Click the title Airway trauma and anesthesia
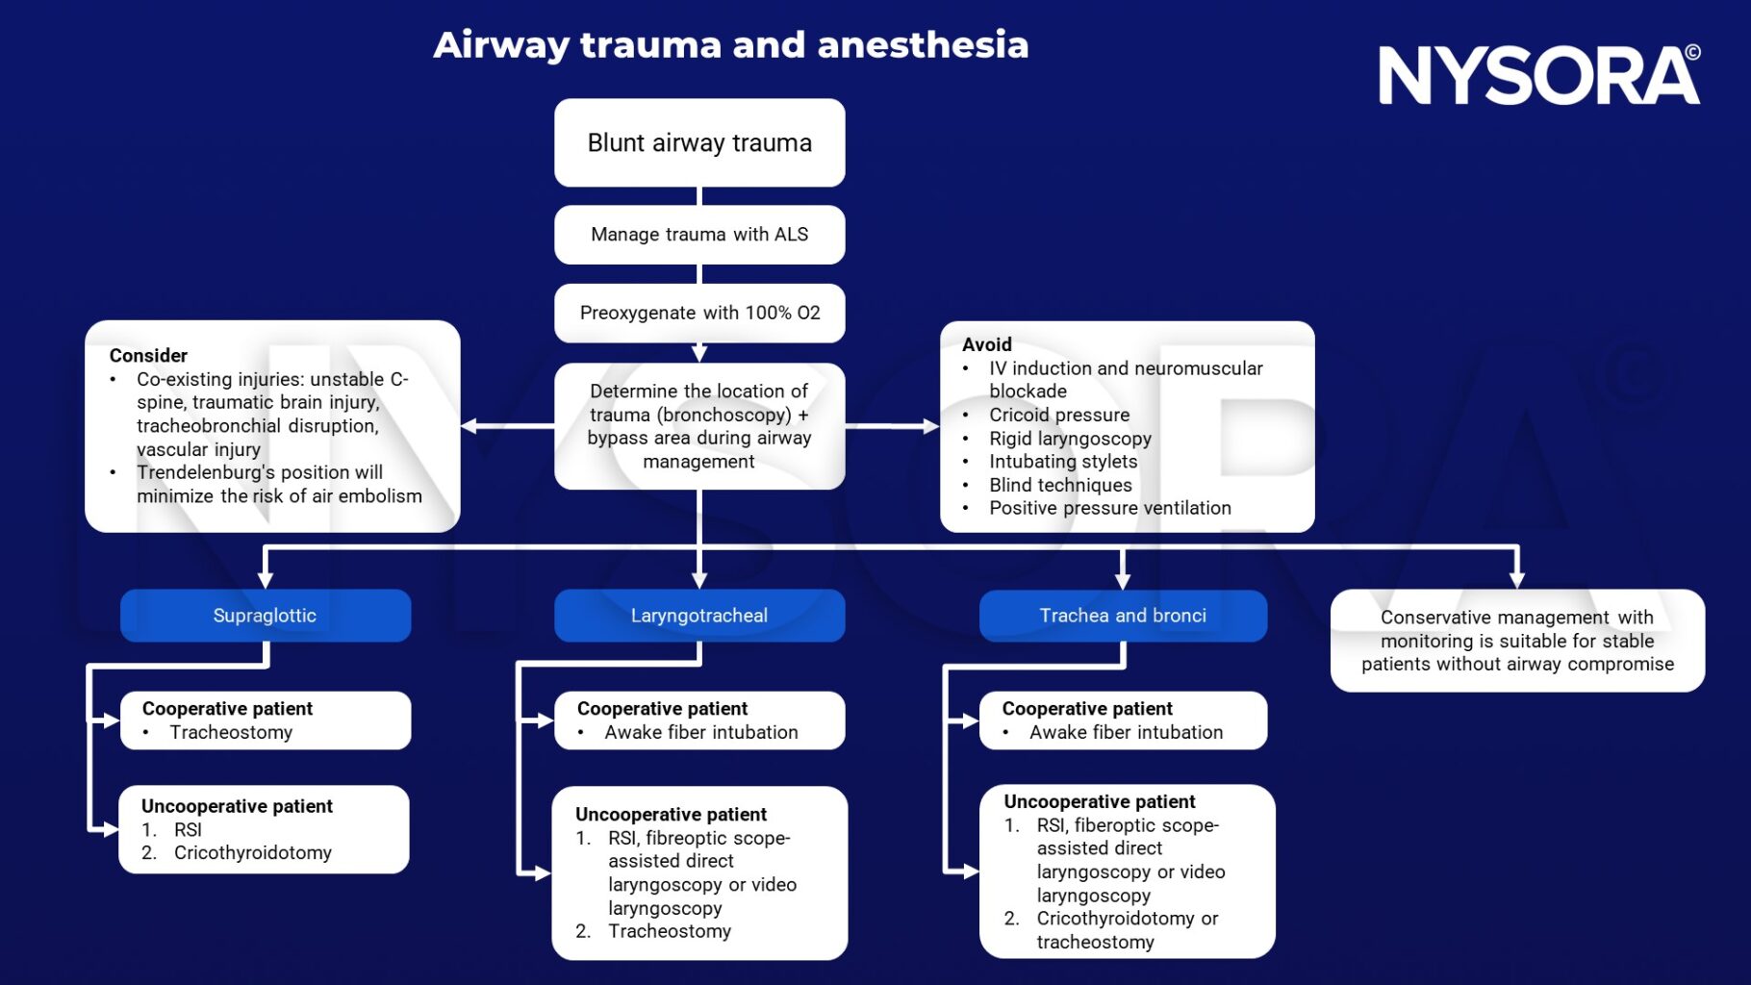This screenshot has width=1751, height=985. [x=730, y=45]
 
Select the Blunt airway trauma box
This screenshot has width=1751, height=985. [x=699, y=142]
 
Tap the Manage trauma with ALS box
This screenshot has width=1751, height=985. [x=699, y=235]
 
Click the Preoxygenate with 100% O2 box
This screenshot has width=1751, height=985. [x=699, y=313]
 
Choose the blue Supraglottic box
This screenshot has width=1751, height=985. [x=265, y=616]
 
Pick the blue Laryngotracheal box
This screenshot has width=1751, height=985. [x=699, y=616]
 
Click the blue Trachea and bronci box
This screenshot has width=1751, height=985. [x=1123, y=616]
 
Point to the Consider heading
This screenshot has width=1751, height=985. [x=148, y=355]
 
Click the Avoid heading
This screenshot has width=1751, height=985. [x=986, y=344]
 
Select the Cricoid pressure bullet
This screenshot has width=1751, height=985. [x=1059, y=415]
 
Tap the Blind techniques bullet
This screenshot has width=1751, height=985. [x=1060, y=485]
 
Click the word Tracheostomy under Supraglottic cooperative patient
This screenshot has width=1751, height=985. [x=231, y=732]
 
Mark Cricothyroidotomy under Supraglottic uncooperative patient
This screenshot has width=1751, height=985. [x=252, y=852]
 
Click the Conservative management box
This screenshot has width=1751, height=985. [x=1517, y=641]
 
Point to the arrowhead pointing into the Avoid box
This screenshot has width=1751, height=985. [x=930, y=426]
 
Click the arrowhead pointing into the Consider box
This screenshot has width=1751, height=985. [x=469, y=426]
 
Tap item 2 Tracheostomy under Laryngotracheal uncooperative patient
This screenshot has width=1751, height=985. [x=669, y=931]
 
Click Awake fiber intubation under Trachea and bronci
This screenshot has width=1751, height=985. [x=1126, y=732]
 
